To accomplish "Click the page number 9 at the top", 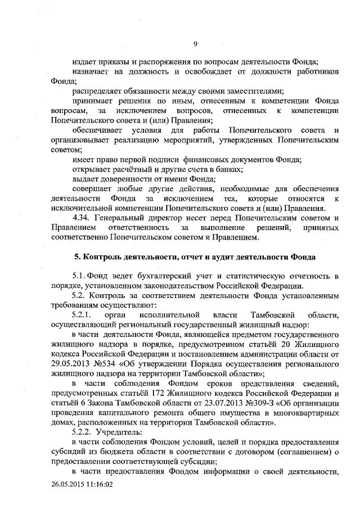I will pos(195,44).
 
